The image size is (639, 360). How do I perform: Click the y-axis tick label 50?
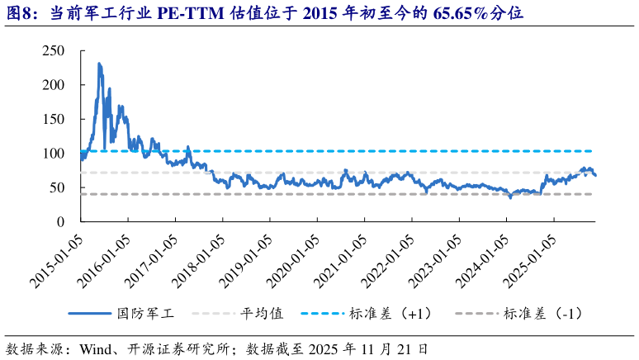click(56, 187)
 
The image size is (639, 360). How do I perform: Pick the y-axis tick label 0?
click(60, 222)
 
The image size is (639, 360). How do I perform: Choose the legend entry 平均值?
click(263, 314)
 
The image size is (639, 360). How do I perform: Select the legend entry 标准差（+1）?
click(390, 314)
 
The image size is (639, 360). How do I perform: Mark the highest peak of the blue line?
click(99, 64)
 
